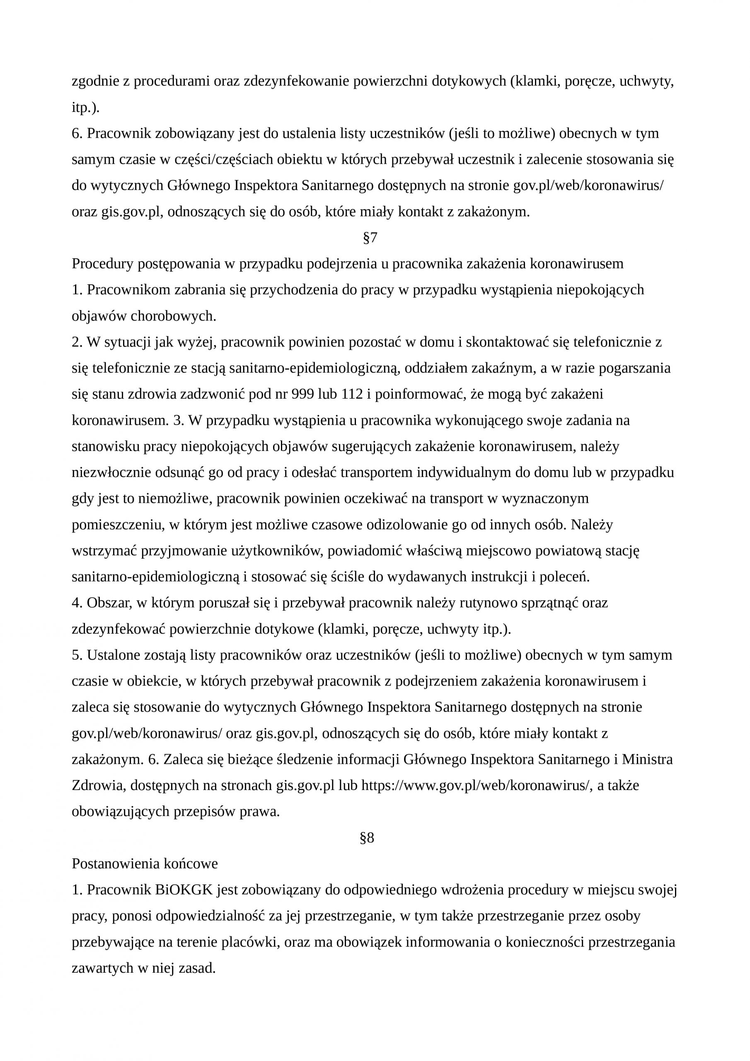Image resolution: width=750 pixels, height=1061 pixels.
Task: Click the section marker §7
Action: pos(370,238)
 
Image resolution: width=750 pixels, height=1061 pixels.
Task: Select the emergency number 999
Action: pos(302,395)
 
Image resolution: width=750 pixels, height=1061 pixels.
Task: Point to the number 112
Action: pos(352,395)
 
